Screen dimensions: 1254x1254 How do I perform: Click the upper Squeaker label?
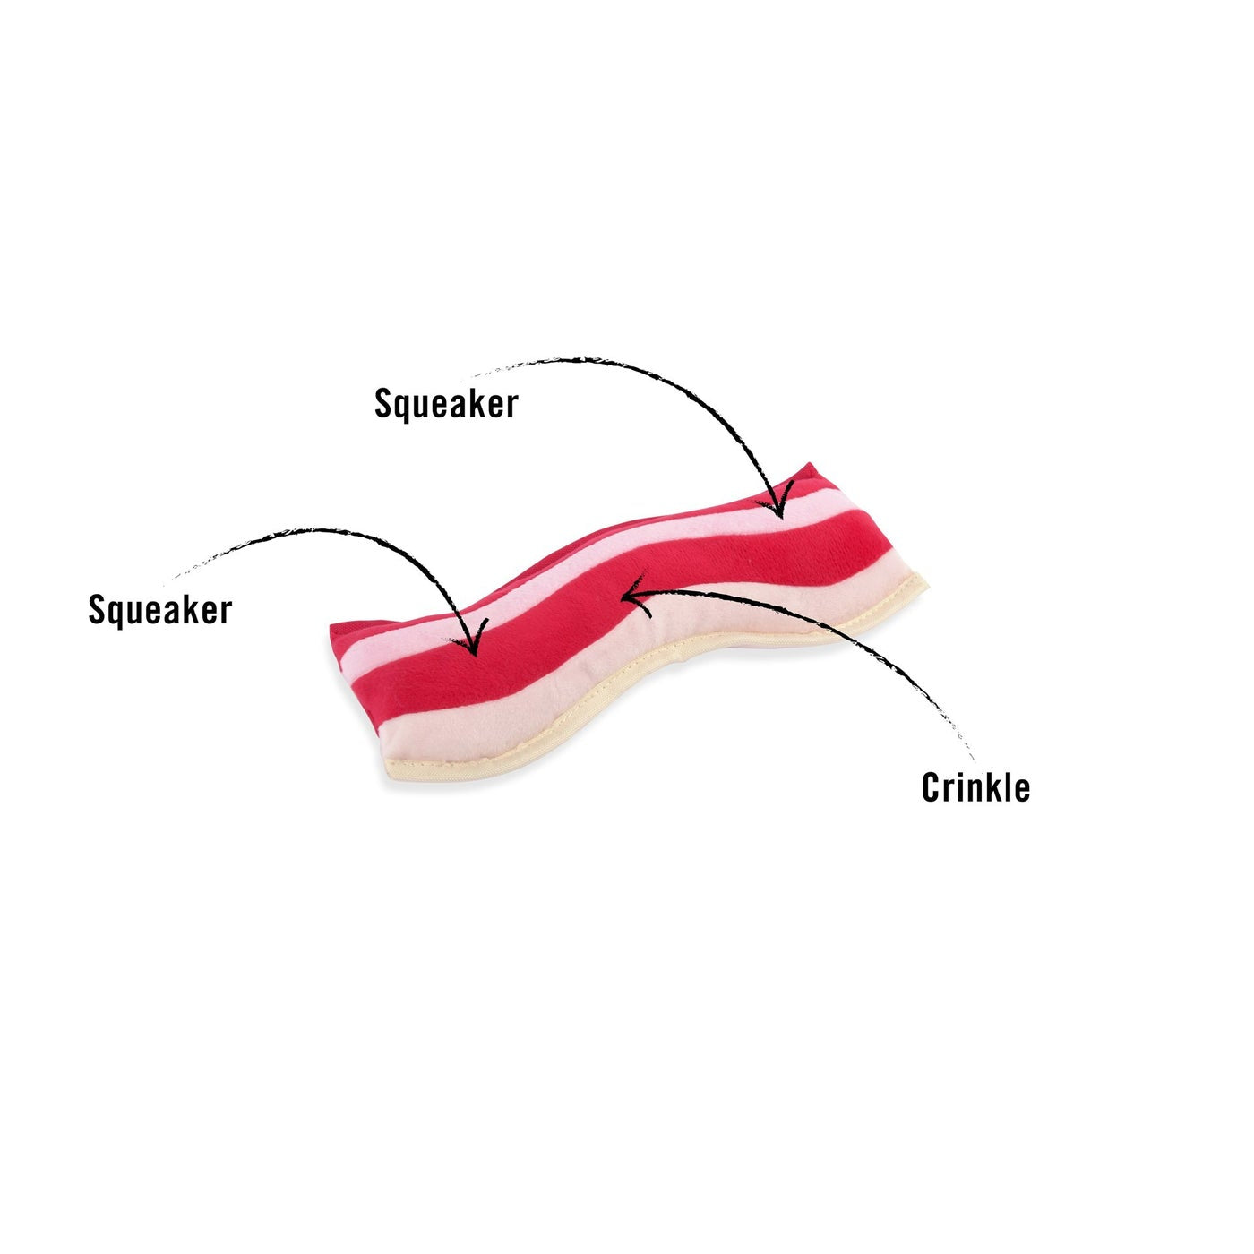[x=446, y=405]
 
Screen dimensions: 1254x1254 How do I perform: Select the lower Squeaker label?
[x=160, y=611]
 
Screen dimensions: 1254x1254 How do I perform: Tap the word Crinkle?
[x=975, y=786]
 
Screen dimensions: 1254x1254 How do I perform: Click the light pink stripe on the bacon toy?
[x=586, y=572]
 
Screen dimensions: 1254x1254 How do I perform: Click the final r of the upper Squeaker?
[x=511, y=408]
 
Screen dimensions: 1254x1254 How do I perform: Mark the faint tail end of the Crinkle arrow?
[x=975, y=759]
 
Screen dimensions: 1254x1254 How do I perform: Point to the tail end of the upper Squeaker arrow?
[x=463, y=379]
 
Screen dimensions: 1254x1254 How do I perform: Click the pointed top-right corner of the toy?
[x=810, y=463]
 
